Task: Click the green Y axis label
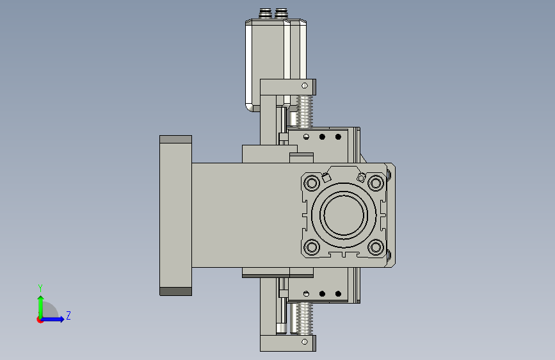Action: pos(40,288)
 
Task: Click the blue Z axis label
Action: pos(68,315)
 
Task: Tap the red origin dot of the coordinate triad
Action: pos(40,320)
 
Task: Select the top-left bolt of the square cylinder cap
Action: pos(312,183)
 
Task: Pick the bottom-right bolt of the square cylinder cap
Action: pos(376,247)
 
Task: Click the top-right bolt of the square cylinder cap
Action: pos(376,183)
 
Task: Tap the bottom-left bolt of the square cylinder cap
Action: pos(312,247)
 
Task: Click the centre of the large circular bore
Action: pos(343,215)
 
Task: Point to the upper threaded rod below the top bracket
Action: pos(305,111)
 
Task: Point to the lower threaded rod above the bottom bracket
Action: pos(305,318)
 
